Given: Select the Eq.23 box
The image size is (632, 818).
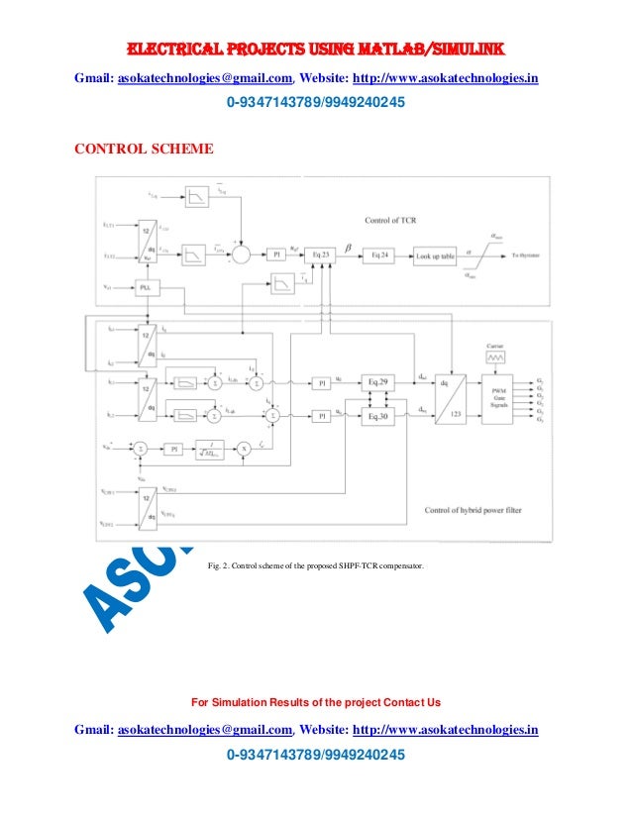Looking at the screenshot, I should [x=319, y=255].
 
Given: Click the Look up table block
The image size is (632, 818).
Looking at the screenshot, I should [x=435, y=256].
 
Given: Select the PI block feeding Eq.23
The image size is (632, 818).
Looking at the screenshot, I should [x=276, y=255].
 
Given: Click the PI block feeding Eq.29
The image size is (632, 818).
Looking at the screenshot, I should [x=320, y=381].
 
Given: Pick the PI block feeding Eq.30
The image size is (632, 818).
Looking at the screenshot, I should [x=320, y=417].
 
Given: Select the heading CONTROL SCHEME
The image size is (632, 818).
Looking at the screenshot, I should [x=144, y=150].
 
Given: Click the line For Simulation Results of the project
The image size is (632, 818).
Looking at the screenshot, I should [x=316, y=702].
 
